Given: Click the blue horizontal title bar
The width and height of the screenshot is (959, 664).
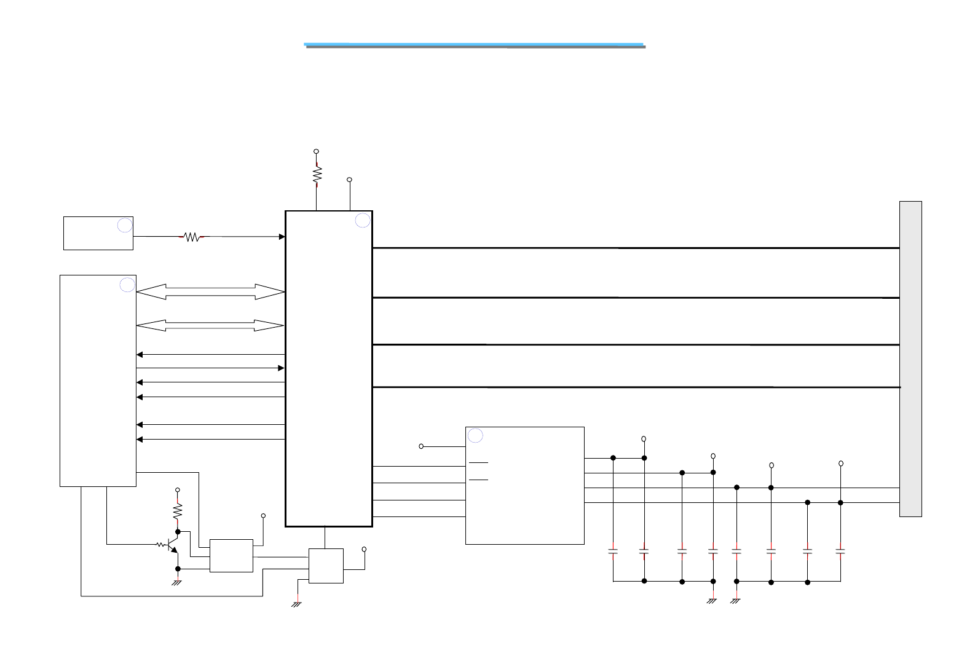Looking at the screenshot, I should [x=475, y=45].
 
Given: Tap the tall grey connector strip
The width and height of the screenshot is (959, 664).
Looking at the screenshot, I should [x=910, y=359].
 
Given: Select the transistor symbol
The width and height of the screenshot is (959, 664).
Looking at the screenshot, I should [x=172, y=545].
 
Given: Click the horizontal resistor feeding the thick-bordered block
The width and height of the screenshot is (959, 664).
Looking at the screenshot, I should [x=192, y=237].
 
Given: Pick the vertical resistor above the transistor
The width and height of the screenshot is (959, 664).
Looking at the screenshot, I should [x=178, y=511].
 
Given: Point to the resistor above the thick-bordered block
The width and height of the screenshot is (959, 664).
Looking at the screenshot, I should [x=317, y=175].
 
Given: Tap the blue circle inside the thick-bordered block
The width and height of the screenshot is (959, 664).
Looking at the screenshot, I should [x=363, y=220].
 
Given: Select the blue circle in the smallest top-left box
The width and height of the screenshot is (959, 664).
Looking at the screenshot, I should [x=125, y=225].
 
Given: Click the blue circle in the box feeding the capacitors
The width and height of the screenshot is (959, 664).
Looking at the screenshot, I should [x=475, y=436].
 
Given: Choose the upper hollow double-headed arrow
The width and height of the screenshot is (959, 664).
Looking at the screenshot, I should [x=210, y=292].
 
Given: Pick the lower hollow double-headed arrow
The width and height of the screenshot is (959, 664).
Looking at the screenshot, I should [x=210, y=325].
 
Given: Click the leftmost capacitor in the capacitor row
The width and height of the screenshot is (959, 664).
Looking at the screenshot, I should [x=613, y=552].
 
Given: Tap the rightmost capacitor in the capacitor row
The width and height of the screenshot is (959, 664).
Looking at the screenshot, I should [x=840, y=552].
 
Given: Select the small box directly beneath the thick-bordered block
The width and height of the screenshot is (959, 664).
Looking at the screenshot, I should [x=326, y=566].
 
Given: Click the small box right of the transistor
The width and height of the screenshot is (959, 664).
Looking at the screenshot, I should [x=231, y=556].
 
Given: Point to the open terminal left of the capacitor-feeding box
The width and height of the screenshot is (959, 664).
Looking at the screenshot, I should [x=421, y=446].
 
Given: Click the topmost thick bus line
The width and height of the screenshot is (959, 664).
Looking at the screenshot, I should [x=636, y=248].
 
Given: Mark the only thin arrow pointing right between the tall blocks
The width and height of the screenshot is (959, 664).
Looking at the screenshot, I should [x=210, y=368].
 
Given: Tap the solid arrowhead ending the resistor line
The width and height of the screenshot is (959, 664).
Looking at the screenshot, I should [x=282, y=237].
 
